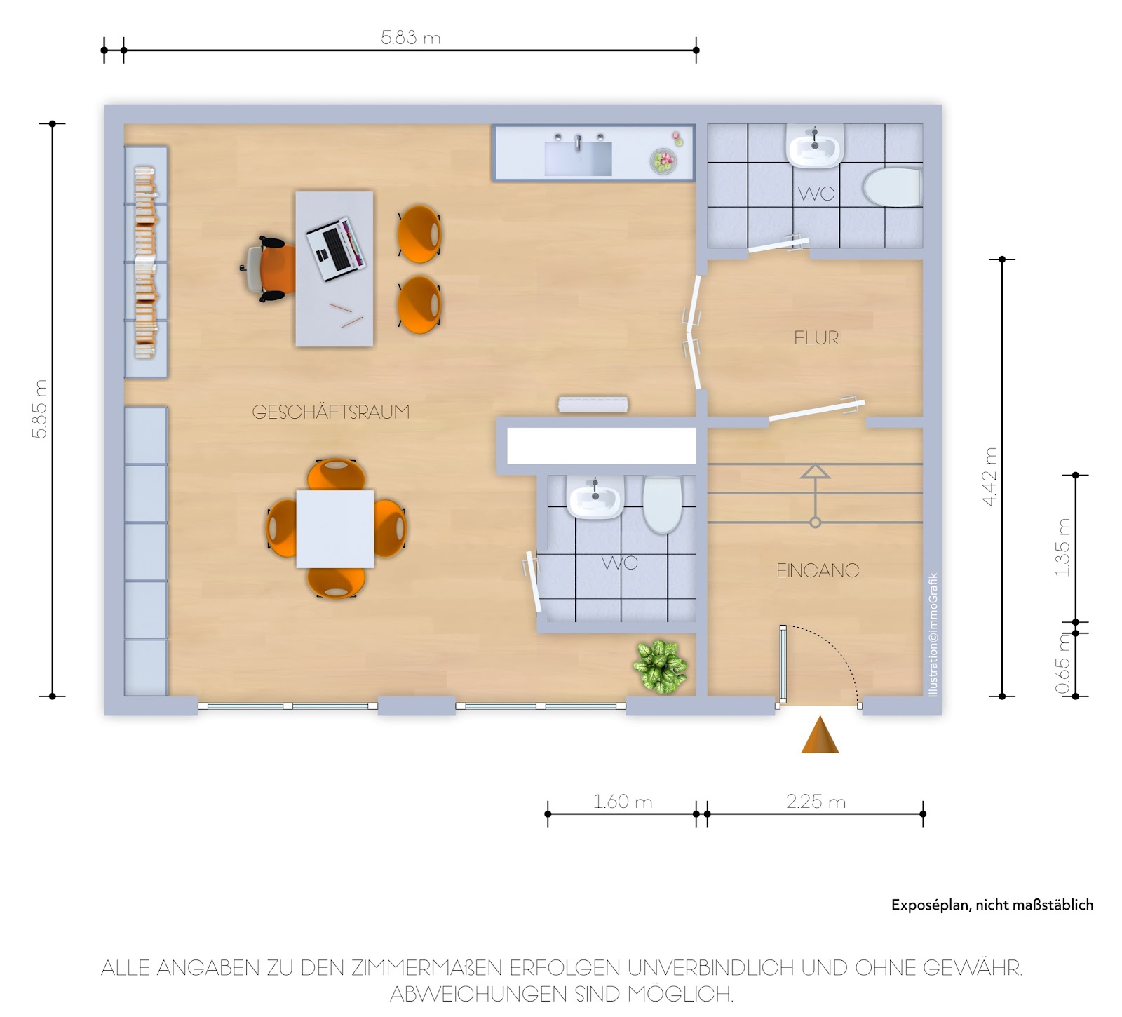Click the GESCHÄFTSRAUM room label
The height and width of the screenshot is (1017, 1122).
point(331,412)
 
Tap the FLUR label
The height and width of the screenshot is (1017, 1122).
point(816,338)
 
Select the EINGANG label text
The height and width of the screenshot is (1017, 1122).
point(818,571)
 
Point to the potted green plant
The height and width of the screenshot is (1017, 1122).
point(660,666)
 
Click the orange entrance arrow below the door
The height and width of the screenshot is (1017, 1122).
point(820,734)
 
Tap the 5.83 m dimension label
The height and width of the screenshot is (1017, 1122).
point(411,38)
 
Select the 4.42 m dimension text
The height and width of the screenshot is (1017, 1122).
point(989,477)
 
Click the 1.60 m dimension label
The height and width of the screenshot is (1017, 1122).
point(623,802)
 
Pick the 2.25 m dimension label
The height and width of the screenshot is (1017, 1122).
point(816,802)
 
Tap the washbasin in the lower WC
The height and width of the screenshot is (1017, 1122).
point(595,499)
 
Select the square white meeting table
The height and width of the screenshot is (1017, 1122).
point(335,529)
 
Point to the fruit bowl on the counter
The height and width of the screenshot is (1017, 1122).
point(663,161)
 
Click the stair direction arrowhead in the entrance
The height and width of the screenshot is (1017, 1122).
point(815,471)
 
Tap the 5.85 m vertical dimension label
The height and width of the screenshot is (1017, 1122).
point(40,410)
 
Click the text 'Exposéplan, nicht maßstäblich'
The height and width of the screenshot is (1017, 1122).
point(992,905)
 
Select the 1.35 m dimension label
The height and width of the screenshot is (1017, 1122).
point(1063,548)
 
